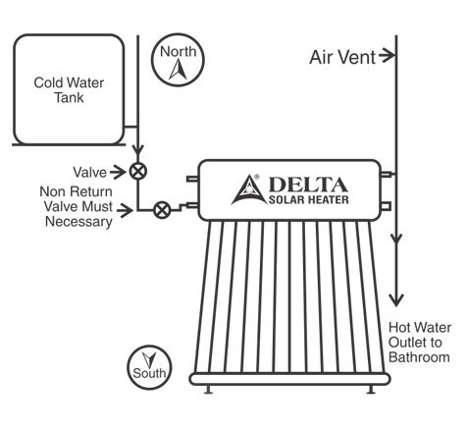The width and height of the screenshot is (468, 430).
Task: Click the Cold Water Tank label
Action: click(x=69, y=90)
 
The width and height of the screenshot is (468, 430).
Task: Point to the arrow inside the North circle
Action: click(x=179, y=70)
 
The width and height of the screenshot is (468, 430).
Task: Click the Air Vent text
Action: click(x=342, y=57)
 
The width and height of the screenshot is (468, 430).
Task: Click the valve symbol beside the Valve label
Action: click(x=138, y=171)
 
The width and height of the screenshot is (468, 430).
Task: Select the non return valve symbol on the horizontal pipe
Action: click(x=162, y=210)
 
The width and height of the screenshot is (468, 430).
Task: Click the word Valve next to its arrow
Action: click(x=90, y=173)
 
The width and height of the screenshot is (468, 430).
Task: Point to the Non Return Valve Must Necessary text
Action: click(x=77, y=207)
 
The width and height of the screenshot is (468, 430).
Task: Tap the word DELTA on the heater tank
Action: click(x=308, y=185)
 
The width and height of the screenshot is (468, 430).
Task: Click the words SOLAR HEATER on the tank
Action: click(x=308, y=199)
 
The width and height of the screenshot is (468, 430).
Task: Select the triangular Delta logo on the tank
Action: click(x=249, y=190)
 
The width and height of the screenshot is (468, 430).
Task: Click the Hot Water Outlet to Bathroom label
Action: click(x=420, y=343)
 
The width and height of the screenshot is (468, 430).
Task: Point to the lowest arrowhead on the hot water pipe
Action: click(x=396, y=300)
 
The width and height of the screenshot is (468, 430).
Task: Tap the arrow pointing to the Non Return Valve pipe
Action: click(x=126, y=210)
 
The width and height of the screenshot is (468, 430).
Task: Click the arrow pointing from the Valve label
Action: click(x=118, y=172)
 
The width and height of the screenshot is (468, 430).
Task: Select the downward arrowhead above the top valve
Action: click(x=138, y=151)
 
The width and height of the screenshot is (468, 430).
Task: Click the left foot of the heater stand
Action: click(x=208, y=390)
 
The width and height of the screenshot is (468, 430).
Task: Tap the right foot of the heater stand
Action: click(x=371, y=390)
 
